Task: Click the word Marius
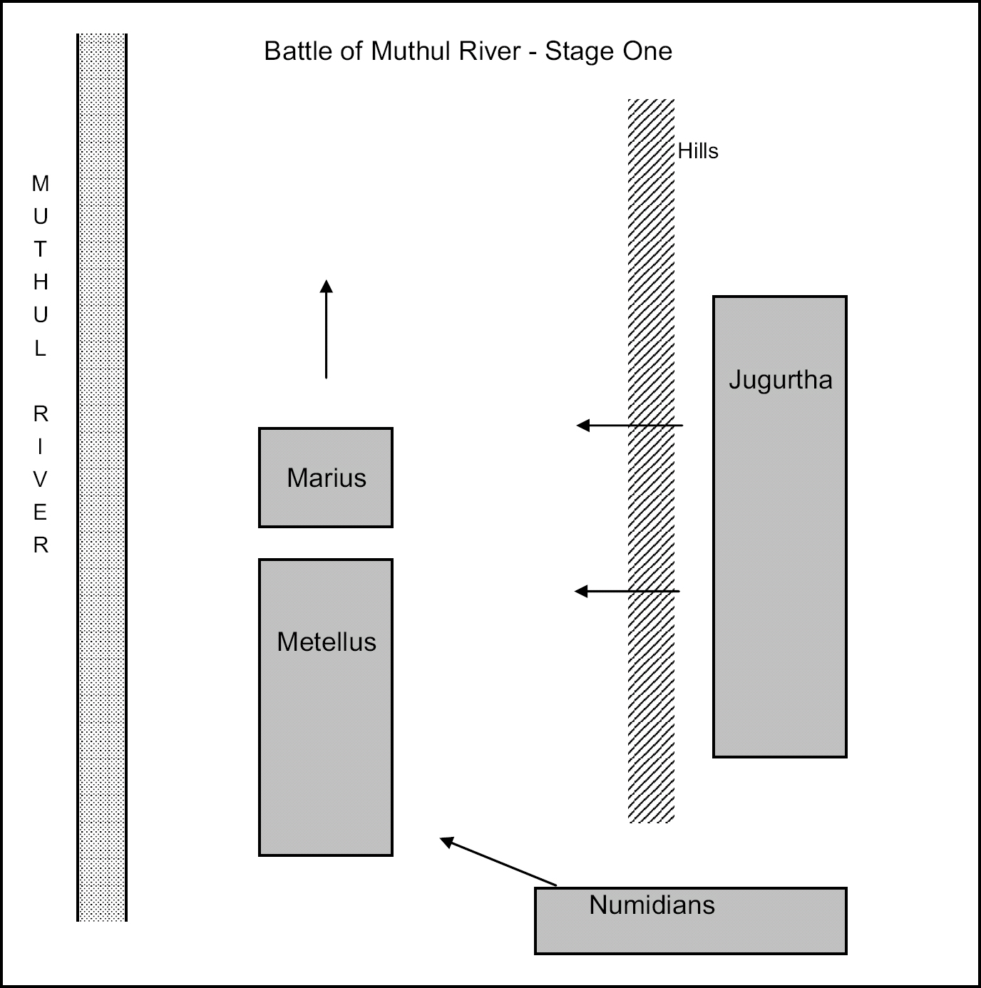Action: click(x=327, y=478)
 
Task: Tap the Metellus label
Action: click(x=327, y=642)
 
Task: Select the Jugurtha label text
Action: click(x=780, y=379)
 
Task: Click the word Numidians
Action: click(x=652, y=905)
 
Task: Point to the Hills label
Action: click(x=698, y=151)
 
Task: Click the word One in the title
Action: click(x=646, y=51)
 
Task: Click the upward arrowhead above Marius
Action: click(x=327, y=287)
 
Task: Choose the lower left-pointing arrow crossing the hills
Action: click(x=627, y=591)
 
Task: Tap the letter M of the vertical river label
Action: click(x=41, y=184)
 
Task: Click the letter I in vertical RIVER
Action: click(x=41, y=447)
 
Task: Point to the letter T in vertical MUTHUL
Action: click(x=41, y=249)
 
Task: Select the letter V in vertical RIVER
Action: click(x=41, y=480)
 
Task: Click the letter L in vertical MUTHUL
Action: click(x=41, y=349)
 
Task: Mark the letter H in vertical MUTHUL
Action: click(x=41, y=282)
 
